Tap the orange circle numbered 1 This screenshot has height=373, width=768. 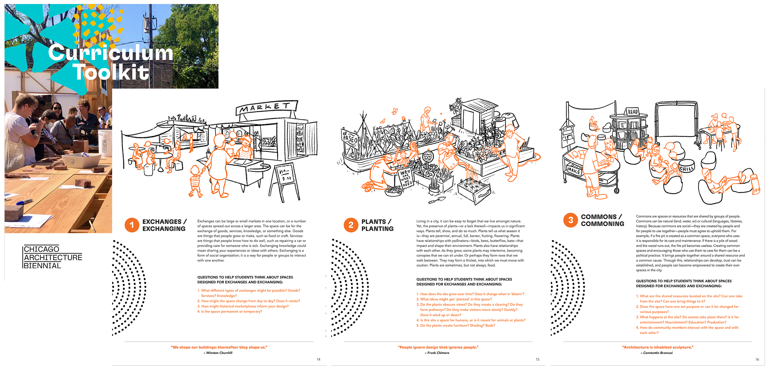132,225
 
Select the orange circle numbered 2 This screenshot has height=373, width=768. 351,225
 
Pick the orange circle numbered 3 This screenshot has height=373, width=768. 570,220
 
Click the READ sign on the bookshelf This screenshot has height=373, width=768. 633,112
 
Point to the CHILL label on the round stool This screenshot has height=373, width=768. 687,168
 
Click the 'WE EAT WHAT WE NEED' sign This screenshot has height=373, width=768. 406,178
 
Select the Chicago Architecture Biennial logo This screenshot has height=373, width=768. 53,257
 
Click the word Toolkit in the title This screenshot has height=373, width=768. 111,73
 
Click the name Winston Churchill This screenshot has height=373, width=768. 219,353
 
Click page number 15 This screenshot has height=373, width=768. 538,359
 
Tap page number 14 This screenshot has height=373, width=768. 319,359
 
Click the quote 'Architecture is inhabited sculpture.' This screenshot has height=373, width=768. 658,347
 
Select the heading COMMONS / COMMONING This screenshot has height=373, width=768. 602,220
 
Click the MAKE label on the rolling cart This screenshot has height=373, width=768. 574,171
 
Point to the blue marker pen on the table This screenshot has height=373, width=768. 24,202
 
